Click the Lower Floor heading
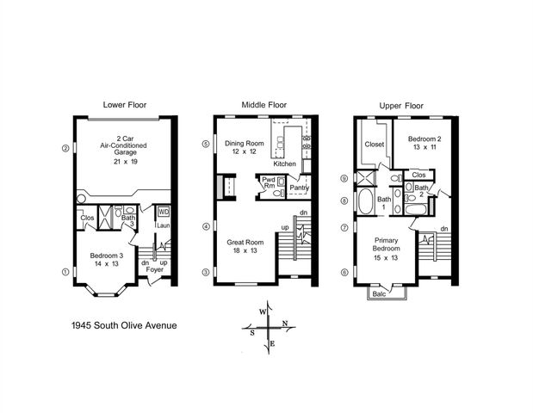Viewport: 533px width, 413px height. pos(125,105)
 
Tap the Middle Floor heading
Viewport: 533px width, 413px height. pos(263,105)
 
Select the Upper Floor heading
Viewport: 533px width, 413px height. pos(401,106)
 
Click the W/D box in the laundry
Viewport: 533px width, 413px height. pos(164,211)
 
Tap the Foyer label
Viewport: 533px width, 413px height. pos(154,269)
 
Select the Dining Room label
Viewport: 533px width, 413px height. pos(243,143)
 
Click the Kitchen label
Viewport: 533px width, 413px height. pos(285,163)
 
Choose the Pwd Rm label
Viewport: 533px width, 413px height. pos(269,182)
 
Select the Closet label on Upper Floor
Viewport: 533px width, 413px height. pos(374,145)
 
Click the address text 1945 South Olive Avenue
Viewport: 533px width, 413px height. pos(125,326)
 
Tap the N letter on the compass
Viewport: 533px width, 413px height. pos(289,324)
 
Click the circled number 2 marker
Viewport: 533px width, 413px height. pos(65,147)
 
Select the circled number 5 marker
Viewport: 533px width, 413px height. pos(205,145)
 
